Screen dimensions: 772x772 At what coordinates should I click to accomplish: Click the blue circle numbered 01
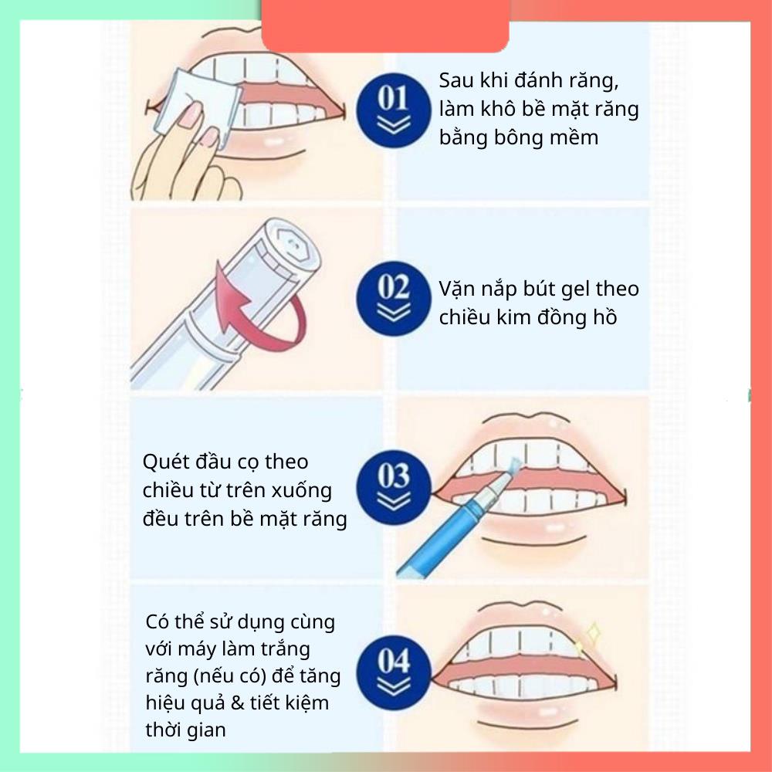point(394,110)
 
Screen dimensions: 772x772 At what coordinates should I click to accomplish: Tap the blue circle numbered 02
point(394,299)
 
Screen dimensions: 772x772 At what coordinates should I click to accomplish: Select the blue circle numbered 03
point(394,487)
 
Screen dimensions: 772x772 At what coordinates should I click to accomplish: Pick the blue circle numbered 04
point(394,672)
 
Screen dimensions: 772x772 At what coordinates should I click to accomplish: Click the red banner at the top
point(385,25)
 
